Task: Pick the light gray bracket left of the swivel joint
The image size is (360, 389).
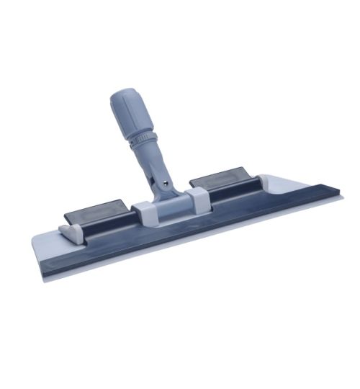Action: coord(142,212)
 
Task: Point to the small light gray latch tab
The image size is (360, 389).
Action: coord(68,231)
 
